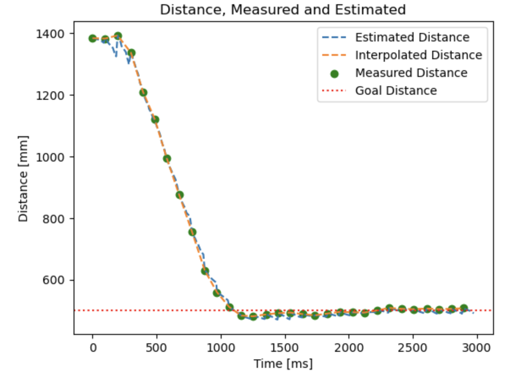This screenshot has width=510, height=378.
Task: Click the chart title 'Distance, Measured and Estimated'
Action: pyautogui.click(x=282, y=10)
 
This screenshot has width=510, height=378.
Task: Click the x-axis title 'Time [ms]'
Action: pyautogui.click(x=283, y=363)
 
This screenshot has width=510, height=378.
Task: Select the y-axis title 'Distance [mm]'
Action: pyautogui.click(x=24, y=178)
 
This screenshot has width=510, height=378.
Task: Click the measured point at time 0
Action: pyautogui.click(x=93, y=38)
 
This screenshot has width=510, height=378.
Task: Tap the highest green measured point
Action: pyautogui.click(x=118, y=36)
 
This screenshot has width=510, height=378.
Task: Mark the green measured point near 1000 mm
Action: pyautogui.click(x=167, y=159)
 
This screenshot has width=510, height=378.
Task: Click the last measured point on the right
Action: pyautogui.click(x=464, y=308)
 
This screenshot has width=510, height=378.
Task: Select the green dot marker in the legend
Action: pyautogui.click(x=334, y=74)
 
